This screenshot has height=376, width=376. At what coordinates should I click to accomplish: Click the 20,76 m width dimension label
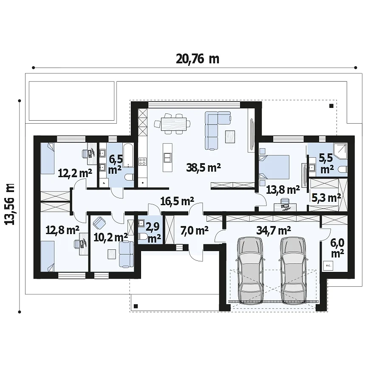(x=198, y=59)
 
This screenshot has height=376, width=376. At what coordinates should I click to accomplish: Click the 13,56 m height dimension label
(x=10, y=204)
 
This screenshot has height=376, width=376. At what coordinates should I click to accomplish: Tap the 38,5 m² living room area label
(x=204, y=168)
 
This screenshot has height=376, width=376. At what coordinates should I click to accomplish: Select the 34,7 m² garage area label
(x=274, y=230)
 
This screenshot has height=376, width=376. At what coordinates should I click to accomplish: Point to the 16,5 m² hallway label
(x=177, y=201)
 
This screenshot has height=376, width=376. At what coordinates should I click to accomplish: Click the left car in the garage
(x=250, y=270)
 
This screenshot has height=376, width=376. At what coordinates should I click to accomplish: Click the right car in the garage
(x=293, y=270)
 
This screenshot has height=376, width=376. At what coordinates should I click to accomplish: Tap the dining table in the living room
(x=174, y=124)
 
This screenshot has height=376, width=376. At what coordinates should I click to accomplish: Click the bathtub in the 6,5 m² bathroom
(x=128, y=155)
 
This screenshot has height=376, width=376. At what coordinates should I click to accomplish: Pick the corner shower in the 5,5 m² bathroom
(x=340, y=151)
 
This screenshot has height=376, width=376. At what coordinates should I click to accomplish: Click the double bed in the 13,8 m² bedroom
(x=274, y=167)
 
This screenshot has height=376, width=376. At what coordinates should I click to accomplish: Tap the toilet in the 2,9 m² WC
(x=143, y=237)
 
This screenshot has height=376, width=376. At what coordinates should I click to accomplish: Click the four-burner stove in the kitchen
(x=142, y=161)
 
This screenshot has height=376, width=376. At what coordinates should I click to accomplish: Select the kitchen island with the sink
(x=167, y=158)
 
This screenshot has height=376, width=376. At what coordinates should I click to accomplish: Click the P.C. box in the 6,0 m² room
(x=328, y=266)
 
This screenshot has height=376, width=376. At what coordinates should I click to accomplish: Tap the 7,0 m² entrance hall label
(x=194, y=231)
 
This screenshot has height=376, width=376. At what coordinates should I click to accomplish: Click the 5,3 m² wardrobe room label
(x=326, y=198)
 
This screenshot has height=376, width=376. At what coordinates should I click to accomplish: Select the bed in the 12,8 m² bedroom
(x=47, y=256)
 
